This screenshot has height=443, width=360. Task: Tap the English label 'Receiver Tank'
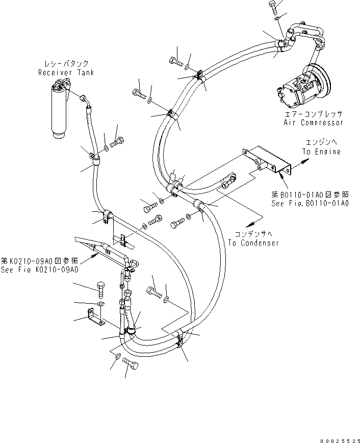66,72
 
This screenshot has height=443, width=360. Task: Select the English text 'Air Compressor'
313,122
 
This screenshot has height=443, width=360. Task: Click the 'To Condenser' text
253,243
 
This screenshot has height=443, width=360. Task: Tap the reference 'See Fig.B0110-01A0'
311,203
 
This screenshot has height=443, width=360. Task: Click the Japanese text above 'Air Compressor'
313,114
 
